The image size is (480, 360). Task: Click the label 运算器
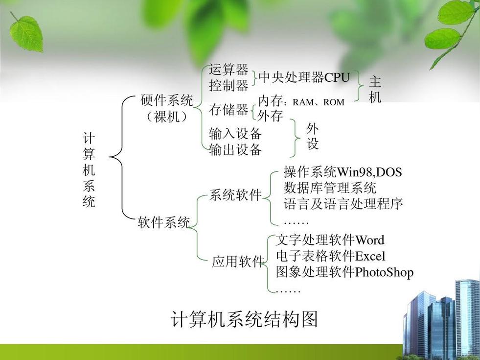coord(229,70)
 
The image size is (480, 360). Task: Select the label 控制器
coord(229,86)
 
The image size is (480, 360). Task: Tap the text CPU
coord(337,77)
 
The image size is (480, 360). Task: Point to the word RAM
coord(303,102)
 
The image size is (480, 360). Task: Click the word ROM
coord(334,102)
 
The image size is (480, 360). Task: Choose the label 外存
coord(270,116)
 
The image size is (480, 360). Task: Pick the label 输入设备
coord(235,134)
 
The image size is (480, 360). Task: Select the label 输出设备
coord(235,149)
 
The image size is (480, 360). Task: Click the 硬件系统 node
coord(166,100)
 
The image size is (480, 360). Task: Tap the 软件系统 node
coord(164,222)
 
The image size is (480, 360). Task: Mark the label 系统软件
coord(235,195)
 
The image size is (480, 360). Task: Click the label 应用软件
coord(238,262)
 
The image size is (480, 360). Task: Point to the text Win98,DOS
coord(369,172)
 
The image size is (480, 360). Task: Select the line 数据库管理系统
coord(330,188)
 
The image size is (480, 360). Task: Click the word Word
coord(369,240)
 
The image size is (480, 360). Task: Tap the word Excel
coord(370,256)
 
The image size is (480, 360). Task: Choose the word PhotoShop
coord(384,272)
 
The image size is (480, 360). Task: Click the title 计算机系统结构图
coord(244,319)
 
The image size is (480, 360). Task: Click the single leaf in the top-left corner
coord(26,33)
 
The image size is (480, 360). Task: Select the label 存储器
coord(229,109)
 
